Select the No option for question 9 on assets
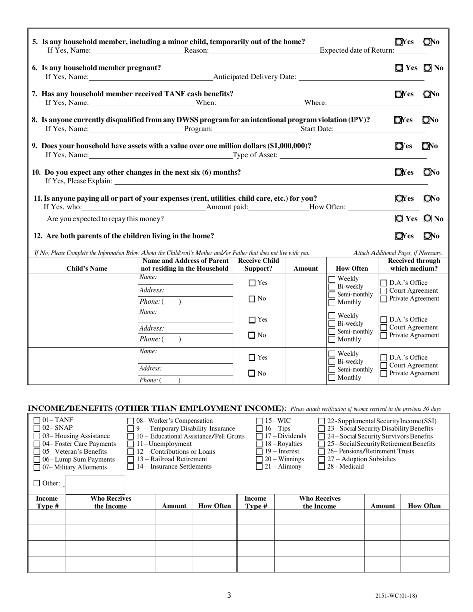pos(426,146)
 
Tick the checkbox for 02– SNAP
pos(37,428)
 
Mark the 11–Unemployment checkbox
pos(131,444)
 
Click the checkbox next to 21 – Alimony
pos(259,467)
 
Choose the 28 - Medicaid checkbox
pos(322,467)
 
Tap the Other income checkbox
pos(37,483)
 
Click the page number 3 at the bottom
pos(229,595)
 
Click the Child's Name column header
pos(83,269)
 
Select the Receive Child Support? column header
pos(258,265)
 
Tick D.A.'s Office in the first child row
pos(383,283)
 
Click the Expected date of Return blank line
pos(412,51)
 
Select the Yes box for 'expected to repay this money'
pos(399,219)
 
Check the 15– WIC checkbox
pos(259,421)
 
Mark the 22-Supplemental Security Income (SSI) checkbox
pos(322,421)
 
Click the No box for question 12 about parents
pos(426,236)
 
